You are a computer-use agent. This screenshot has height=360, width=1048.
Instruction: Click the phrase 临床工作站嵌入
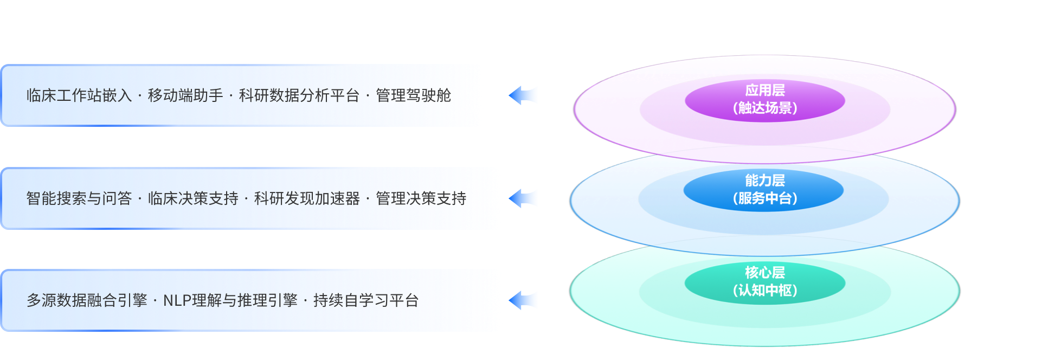click(x=79, y=95)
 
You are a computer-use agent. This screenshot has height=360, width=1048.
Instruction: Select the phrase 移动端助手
click(x=185, y=95)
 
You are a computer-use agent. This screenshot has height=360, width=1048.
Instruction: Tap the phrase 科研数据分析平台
click(x=299, y=95)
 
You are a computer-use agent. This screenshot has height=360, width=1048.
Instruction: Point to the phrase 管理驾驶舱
click(x=413, y=95)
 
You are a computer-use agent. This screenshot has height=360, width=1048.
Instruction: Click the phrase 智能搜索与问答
click(x=79, y=198)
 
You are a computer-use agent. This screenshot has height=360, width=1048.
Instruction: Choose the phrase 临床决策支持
click(x=193, y=198)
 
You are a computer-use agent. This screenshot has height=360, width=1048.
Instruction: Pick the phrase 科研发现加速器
click(x=307, y=198)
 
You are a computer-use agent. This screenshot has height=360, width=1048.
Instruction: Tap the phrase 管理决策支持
click(x=421, y=198)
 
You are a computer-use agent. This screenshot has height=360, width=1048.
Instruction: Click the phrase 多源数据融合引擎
click(x=87, y=300)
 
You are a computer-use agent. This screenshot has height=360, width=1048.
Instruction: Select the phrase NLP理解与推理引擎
click(x=230, y=300)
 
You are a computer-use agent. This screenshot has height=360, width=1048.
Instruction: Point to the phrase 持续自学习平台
click(x=366, y=300)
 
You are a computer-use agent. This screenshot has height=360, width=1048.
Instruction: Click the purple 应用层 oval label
click(x=764, y=90)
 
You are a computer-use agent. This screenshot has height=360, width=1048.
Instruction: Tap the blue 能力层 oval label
click(x=764, y=180)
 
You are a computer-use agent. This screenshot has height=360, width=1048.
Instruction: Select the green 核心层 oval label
click(x=764, y=272)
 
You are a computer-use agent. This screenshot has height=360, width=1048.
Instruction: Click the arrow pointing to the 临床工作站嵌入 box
click(x=523, y=95)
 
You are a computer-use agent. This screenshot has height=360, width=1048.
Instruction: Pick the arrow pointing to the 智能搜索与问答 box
click(x=523, y=198)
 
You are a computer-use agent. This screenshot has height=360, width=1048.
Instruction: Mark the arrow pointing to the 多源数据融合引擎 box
click(x=523, y=300)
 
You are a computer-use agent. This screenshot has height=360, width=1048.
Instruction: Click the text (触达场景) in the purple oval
click(x=764, y=108)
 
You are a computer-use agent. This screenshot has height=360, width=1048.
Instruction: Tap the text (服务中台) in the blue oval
click(x=764, y=198)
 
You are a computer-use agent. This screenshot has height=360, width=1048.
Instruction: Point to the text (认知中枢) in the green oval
click(x=764, y=291)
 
